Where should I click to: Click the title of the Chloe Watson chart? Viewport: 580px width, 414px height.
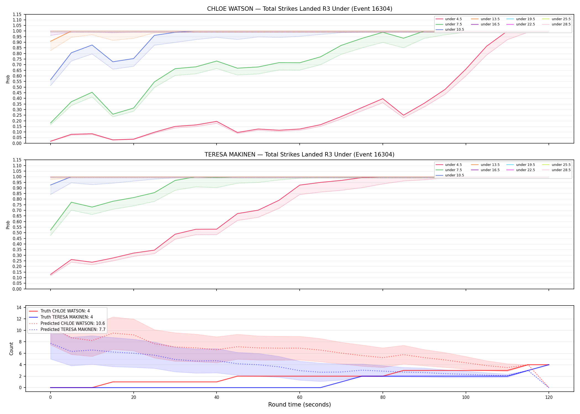tap(300, 9)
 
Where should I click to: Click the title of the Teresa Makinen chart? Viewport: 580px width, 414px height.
tap(300, 155)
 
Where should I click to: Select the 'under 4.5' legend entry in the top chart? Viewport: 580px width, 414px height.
tap(449, 19)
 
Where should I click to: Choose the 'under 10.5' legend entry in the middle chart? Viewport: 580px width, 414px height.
tap(450, 175)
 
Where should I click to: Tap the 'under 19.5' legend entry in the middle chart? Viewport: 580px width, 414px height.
tap(521, 165)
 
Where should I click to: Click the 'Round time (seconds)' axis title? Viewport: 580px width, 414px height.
tap(299, 405)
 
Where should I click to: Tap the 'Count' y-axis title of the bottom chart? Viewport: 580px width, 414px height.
tap(11, 349)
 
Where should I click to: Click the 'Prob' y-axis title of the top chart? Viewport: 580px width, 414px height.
tap(8, 79)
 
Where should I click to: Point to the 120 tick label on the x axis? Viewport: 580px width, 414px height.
tap(549, 397)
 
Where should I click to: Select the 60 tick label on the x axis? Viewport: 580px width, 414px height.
tap(300, 397)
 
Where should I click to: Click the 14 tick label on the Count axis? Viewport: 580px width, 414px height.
tap(19, 307)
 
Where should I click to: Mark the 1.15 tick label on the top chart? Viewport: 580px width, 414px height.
tap(17, 14)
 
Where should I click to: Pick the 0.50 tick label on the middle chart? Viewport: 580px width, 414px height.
tap(17, 233)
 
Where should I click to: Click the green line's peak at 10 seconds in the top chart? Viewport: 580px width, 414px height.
tap(92, 92)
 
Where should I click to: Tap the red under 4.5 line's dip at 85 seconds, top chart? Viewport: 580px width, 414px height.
tap(404, 115)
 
